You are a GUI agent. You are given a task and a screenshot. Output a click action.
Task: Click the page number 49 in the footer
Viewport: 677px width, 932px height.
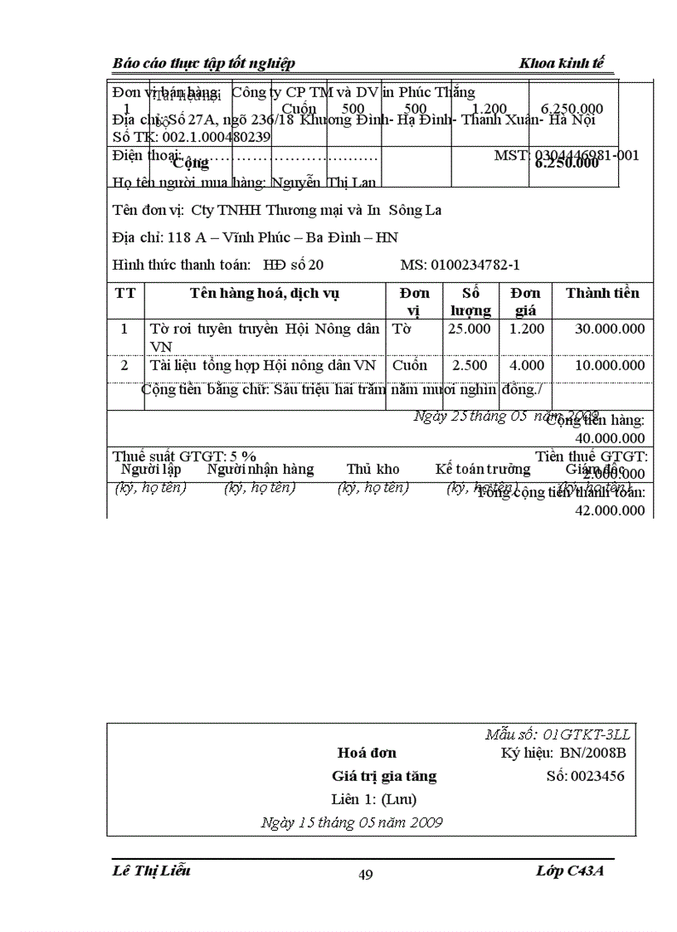(x=365, y=874)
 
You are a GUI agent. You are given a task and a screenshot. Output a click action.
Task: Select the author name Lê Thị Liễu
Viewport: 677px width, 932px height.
(x=151, y=870)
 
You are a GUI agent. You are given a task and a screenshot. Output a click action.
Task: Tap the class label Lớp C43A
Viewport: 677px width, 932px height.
(x=575, y=870)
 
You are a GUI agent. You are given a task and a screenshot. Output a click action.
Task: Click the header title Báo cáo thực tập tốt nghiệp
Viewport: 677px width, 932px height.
(x=203, y=64)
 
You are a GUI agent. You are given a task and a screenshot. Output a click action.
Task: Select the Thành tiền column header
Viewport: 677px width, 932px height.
(x=602, y=293)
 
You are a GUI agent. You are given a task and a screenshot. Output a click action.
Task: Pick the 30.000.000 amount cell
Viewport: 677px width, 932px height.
(x=610, y=329)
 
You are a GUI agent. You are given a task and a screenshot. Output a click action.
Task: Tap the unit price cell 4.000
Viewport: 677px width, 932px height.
(x=526, y=365)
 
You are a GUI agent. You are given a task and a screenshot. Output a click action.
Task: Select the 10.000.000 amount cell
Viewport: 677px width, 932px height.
(x=610, y=365)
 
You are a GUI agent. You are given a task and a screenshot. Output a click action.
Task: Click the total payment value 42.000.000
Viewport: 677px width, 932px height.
(x=610, y=510)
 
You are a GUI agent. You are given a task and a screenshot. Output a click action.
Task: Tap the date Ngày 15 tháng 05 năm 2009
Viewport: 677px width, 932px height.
(x=351, y=822)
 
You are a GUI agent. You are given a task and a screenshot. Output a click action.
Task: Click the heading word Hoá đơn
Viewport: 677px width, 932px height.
(x=367, y=753)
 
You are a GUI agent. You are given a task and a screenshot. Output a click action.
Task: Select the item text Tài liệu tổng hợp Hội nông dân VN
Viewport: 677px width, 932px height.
(x=263, y=365)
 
